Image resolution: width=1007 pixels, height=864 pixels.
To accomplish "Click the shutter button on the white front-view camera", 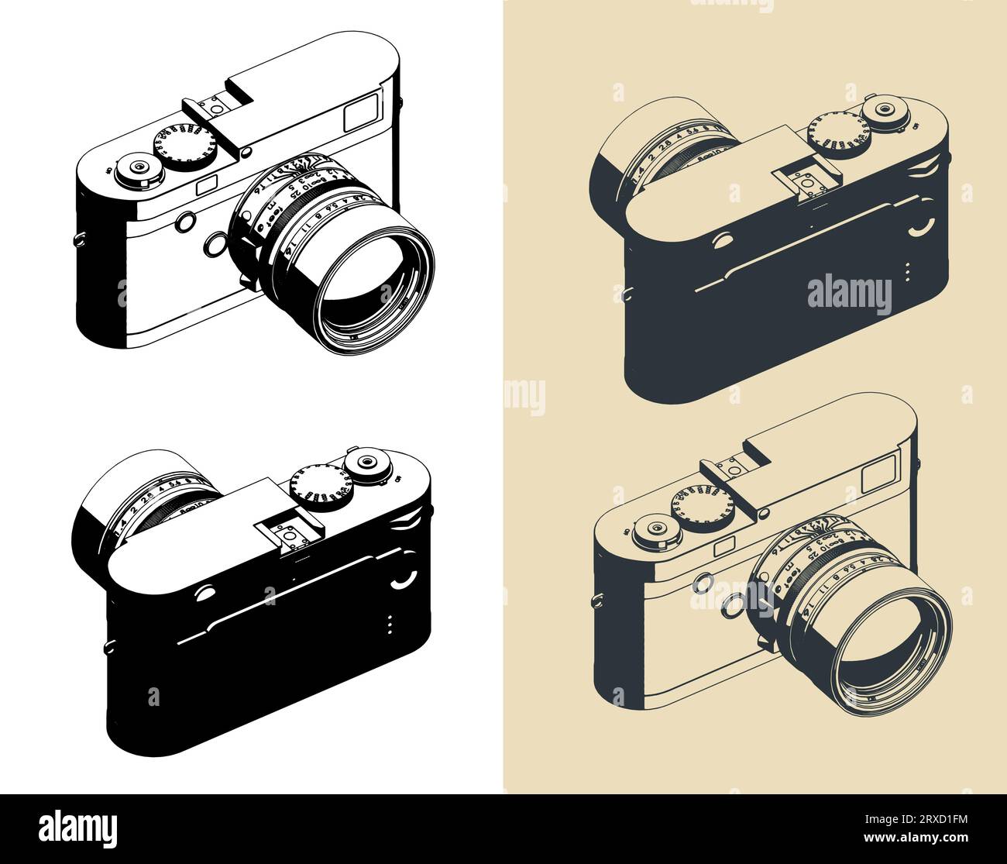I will [139, 167].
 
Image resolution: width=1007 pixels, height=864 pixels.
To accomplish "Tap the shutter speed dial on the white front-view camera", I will [185, 146].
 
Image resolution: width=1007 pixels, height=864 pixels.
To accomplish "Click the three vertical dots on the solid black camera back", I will [390, 625].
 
